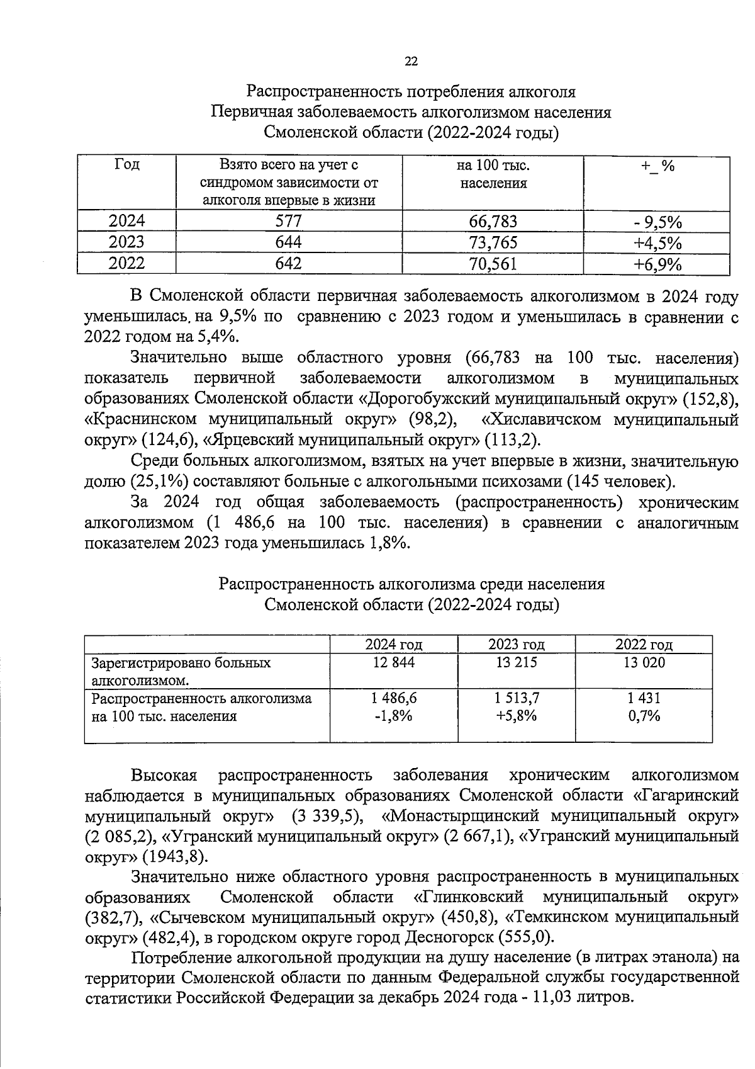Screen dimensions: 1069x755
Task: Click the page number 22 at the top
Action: point(410,61)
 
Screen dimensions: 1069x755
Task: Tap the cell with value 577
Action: point(289,221)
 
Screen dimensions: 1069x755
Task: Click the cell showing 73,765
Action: point(493,242)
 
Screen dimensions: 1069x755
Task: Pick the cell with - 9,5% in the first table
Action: point(657,222)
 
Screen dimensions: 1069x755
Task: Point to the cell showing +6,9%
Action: point(657,264)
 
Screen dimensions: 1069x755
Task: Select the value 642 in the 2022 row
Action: point(289,264)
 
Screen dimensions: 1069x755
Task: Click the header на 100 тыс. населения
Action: point(493,174)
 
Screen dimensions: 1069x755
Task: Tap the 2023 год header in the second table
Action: point(516,644)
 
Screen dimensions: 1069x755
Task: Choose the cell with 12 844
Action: point(394,662)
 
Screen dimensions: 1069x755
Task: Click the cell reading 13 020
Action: point(644,662)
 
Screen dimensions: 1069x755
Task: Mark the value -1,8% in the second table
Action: point(394,715)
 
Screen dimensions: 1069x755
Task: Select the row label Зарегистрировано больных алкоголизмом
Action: point(181,671)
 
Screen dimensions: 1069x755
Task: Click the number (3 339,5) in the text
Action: point(327,816)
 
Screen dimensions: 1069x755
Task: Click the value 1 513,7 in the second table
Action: point(516,698)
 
